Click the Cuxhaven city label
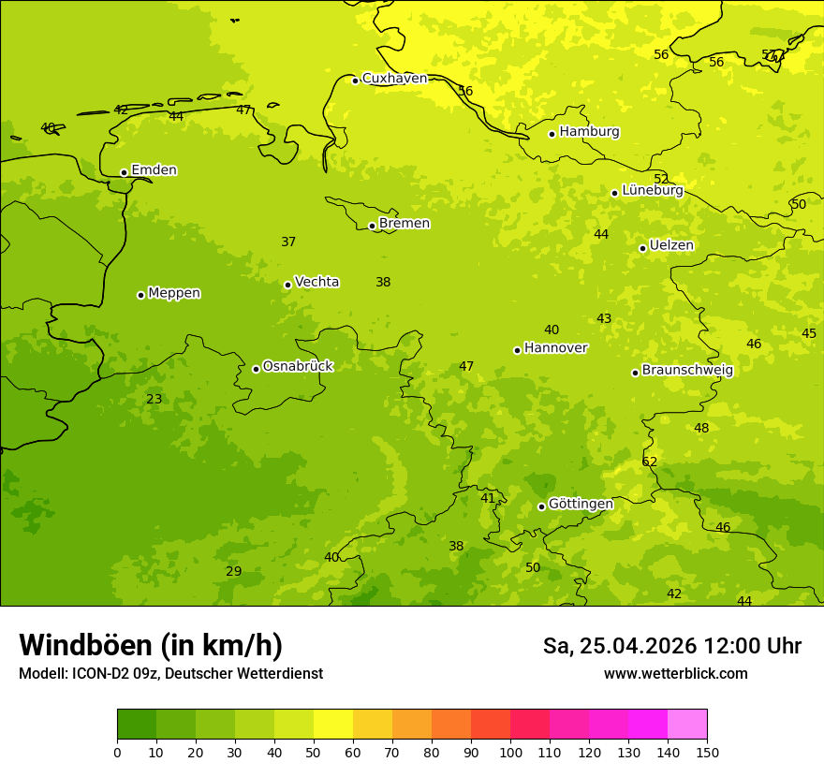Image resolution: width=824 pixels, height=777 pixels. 394,79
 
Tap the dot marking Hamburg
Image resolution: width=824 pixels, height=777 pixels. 552,134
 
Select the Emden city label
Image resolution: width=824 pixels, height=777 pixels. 154,170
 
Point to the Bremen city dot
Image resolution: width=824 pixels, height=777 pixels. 372,226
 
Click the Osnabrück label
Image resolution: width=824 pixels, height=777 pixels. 298,366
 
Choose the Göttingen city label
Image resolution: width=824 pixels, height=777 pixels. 581,504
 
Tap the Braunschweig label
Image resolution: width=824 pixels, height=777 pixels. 687,370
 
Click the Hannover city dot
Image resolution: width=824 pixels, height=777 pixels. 517,350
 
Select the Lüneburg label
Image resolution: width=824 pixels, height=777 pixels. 653,190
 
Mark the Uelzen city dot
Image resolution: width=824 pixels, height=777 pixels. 642,248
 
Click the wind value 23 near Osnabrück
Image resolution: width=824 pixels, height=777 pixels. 154,399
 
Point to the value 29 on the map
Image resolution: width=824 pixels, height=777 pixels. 233,571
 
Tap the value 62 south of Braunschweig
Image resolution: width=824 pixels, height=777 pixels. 650,462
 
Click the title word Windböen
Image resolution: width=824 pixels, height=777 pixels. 84,645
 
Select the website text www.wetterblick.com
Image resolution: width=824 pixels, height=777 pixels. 675,674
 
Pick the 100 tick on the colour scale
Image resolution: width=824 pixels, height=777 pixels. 510,752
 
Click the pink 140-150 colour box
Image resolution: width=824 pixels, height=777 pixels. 687,725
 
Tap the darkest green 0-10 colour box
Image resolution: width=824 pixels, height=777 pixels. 137,725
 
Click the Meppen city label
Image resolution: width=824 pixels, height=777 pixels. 174,293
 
